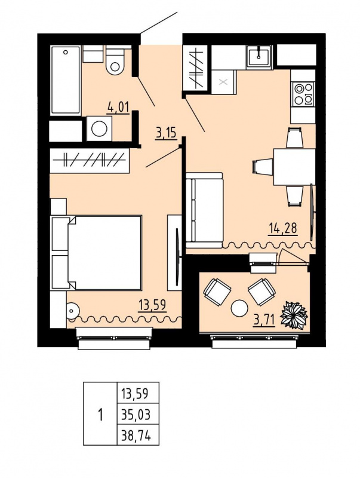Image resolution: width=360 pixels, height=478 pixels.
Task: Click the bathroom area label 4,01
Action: [x=118, y=108]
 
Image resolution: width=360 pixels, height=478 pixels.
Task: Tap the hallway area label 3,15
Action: [x=166, y=133]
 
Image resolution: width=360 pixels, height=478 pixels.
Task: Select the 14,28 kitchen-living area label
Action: [x=282, y=228]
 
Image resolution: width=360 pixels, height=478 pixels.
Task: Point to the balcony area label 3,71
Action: [x=264, y=320]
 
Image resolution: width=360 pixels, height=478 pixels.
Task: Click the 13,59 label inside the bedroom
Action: [x=153, y=305]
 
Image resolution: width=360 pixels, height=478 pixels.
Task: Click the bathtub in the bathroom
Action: [x=66, y=81]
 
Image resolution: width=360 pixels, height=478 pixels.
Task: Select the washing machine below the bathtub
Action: [x=99, y=128]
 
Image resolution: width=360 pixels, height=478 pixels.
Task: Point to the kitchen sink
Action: [x=259, y=56]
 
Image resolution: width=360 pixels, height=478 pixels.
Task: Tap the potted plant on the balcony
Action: [x=294, y=315]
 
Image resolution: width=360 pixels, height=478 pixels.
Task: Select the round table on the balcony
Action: [x=239, y=308]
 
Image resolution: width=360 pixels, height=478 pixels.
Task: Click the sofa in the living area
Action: [x=205, y=211]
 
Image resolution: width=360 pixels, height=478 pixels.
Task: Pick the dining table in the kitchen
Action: [x=294, y=167]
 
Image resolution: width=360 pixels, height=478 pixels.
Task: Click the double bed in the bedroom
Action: [x=97, y=253]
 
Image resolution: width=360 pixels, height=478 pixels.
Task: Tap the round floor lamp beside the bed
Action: [x=73, y=311]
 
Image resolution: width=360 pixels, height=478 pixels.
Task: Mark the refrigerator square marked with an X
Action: [x=224, y=82]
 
